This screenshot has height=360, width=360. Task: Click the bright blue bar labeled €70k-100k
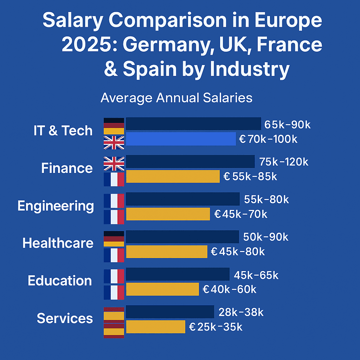pyautogui.click(x=181, y=139)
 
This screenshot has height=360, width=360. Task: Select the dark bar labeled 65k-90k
pyautogui.click(x=193, y=124)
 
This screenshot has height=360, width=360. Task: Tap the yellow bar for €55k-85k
pyautogui.click(x=173, y=176)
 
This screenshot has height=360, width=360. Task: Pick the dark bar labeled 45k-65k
pyautogui.click(x=178, y=274)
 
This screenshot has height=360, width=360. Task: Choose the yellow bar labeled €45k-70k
pyautogui.click(x=168, y=214)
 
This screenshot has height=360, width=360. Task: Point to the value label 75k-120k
pyautogui.click(x=284, y=162)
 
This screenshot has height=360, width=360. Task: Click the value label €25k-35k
pyautogui.click(x=216, y=327)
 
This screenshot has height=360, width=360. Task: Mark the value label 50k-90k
pyautogui.click(x=266, y=237)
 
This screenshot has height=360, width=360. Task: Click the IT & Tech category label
pyautogui.click(x=63, y=131)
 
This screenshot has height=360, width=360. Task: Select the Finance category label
pyautogui.click(x=67, y=168)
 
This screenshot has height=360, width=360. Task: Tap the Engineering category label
pyautogui.click(x=56, y=206)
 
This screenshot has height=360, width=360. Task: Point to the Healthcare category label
pyautogui.click(x=58, y=243)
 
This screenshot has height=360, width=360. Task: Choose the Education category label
pyautogui.click(x=60, y=281)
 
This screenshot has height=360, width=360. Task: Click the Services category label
pyautogui.click(x=65, y=318)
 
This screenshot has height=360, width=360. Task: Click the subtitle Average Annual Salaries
pyautogui.click(x=176, y=97)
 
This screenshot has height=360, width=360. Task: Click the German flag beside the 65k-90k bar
pyautogui.click(x=114, y=126)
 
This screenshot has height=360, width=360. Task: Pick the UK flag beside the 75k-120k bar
pyautogui.click(x=114, y=164)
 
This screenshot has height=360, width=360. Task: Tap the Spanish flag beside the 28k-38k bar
pyautogui.click(x=114, y=313)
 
